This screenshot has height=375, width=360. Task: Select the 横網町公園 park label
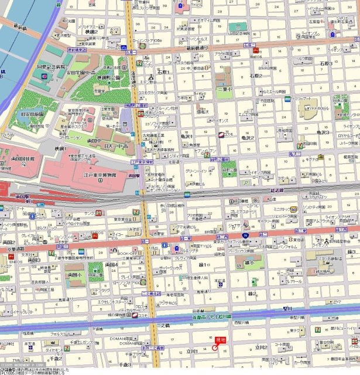[x=107, y=77]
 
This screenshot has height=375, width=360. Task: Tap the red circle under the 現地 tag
[x=215, y=347]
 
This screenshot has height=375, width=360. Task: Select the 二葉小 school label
[x=220, y=89]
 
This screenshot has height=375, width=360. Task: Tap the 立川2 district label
[x=259, y=347]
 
